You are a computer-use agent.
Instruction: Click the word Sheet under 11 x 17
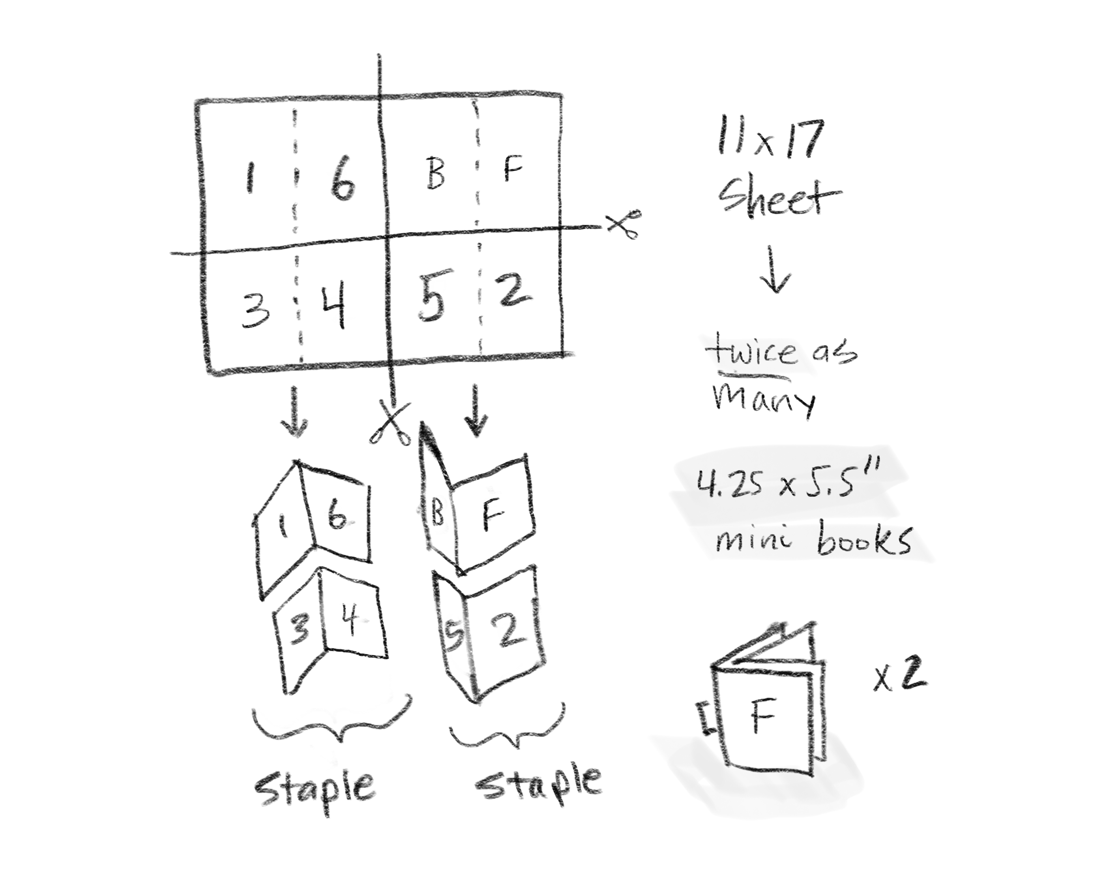point(779,197)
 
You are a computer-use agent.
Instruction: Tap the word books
point(863,539)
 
